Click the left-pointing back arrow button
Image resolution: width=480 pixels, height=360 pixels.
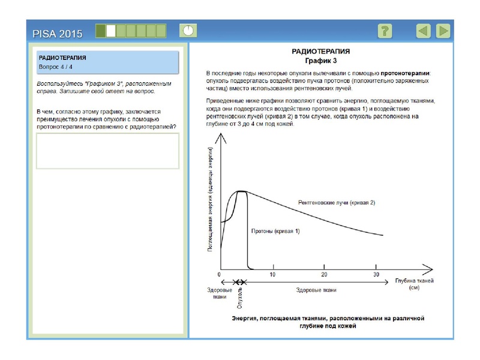click(x=424, y=31)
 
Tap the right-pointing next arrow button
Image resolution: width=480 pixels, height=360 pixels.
click(x=443, y=31)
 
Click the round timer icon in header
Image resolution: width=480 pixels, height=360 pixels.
click(x=188, y=30)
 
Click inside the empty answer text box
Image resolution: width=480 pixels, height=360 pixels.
click(x=108, y=151)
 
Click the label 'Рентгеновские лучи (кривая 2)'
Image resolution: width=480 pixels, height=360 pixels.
click(x=336, y=203)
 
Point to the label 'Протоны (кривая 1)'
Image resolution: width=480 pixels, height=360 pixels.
click(x=274, y=231)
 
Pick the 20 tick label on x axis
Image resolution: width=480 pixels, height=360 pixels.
click(x=324, y=275)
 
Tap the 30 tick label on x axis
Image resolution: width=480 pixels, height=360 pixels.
click(x=376, y=275)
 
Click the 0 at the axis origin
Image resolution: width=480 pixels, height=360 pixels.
click(x=220, y=275)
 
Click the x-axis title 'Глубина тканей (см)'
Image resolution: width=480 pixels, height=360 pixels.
click(x=414, y=284)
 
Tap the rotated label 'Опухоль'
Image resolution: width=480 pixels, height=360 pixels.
click(x=239, y=296)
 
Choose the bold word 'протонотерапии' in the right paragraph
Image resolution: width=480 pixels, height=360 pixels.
click(x=406, y=73)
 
